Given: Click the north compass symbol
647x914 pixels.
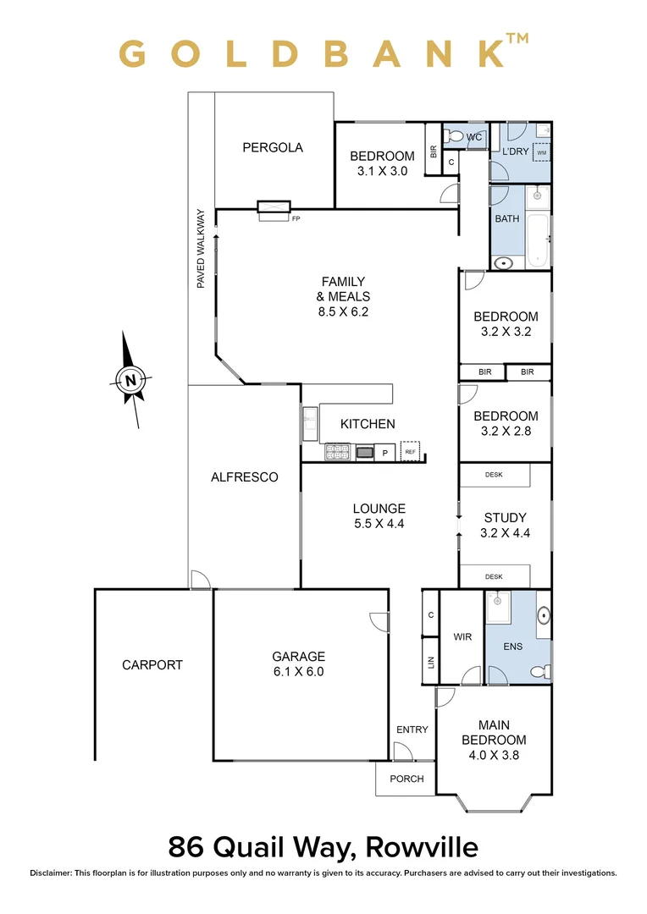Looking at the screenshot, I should point(130,380).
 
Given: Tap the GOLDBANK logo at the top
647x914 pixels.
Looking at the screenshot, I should point(323,52).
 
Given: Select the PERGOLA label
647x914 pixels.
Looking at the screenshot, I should point(273,147).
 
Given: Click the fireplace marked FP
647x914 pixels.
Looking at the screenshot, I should point(274,209).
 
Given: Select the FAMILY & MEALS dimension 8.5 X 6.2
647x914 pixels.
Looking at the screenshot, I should point(342,311).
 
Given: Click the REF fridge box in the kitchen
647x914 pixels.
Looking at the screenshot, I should point(410,452).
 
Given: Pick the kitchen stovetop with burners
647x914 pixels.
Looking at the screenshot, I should point(338,453).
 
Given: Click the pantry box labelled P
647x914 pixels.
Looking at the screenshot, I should point(384,453).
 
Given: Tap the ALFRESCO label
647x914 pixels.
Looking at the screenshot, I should point(244,477).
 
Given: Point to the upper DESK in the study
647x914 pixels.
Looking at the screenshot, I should point(495,475).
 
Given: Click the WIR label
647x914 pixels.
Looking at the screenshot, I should point(462,636).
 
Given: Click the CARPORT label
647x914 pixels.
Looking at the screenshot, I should point(152,664).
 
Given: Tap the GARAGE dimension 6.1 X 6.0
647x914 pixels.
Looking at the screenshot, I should point(298,672).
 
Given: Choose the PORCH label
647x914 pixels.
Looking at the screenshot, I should point(406,779).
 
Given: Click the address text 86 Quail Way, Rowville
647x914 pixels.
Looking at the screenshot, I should point(323,846).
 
